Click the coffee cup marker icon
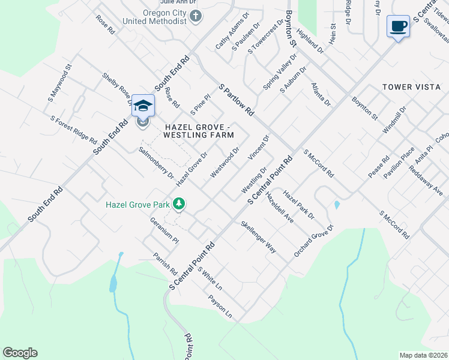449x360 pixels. pos(398,26)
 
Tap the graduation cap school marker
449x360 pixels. pos(143,106)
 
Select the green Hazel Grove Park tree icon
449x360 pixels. pos(178,205)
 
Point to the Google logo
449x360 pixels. pos(20,353)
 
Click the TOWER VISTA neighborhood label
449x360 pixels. pos(412,87)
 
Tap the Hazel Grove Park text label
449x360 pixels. pos(137,205)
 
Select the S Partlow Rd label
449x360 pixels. pos(237,100)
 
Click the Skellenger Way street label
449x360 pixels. pos(258,237)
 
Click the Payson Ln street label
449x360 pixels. pos(220,306)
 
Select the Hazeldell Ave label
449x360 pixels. pos(280,208)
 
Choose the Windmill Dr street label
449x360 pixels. pos(394,119)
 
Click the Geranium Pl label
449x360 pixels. pos(164,230)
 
